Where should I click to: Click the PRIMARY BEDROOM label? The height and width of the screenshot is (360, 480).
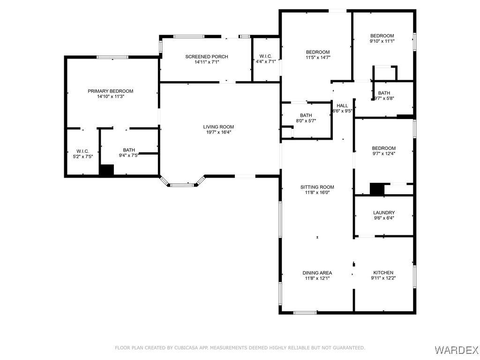111,91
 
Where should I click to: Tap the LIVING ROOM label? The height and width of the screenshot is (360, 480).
218,127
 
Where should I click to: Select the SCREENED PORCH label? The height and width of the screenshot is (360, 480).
207,57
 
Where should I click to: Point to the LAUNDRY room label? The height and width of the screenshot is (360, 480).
384,212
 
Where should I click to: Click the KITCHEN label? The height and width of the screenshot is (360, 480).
383,272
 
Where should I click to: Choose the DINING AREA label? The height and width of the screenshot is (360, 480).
317,273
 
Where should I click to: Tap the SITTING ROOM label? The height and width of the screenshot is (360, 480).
317,187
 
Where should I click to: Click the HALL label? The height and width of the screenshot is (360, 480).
342,105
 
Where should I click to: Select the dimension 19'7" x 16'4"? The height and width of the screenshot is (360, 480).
218,132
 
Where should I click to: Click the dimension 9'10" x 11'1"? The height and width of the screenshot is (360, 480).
382,41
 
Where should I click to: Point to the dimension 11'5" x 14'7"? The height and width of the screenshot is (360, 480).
318,57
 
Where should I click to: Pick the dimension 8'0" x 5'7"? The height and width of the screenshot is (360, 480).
306,120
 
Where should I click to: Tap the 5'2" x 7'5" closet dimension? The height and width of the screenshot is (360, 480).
82,157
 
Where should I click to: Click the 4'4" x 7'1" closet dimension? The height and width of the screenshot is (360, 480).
266,61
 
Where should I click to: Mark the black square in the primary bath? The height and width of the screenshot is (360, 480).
106,170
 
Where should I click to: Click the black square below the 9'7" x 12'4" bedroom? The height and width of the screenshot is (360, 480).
377,189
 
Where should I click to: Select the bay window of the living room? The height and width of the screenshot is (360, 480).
182,182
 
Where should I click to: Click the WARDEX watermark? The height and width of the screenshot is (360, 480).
456,349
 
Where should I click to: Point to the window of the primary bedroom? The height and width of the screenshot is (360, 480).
112,57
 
